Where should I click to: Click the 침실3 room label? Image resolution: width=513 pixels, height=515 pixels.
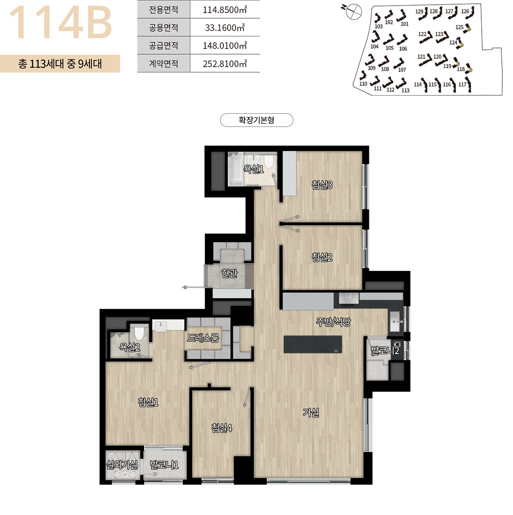(322, 185)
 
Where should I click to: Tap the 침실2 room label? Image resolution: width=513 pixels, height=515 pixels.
(322, 257)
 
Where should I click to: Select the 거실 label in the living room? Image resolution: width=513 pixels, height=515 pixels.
(311, 412)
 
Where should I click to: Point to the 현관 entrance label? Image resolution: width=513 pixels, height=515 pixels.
(229, 273)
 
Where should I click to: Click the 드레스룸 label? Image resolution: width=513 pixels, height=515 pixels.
(203, 338)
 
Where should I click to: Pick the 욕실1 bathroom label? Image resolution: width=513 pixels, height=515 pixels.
(253, 169)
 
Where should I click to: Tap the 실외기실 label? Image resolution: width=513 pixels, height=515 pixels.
(122, 465)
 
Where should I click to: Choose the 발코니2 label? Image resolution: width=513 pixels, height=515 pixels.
(385, 350)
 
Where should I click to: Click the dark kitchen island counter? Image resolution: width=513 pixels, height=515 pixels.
(312, 344)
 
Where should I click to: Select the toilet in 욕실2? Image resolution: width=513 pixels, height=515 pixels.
(139, 333)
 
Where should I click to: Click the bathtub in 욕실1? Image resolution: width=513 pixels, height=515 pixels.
(236, 169)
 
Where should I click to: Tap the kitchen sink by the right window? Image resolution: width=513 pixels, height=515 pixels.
(396, 321)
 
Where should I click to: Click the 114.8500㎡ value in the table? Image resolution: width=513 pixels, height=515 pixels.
(225, 9)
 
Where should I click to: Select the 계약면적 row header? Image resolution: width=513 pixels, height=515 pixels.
(163, 63)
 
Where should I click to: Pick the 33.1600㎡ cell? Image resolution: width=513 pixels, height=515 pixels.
(225, 28)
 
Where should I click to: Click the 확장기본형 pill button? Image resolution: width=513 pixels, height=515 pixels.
(256, 120)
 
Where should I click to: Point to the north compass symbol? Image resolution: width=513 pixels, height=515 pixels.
(354, 11)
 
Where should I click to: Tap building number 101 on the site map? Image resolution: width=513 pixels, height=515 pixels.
(405, 24)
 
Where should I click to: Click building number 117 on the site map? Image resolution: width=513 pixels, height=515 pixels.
(463, 84)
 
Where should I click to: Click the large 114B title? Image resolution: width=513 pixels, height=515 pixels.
(61, 22)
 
